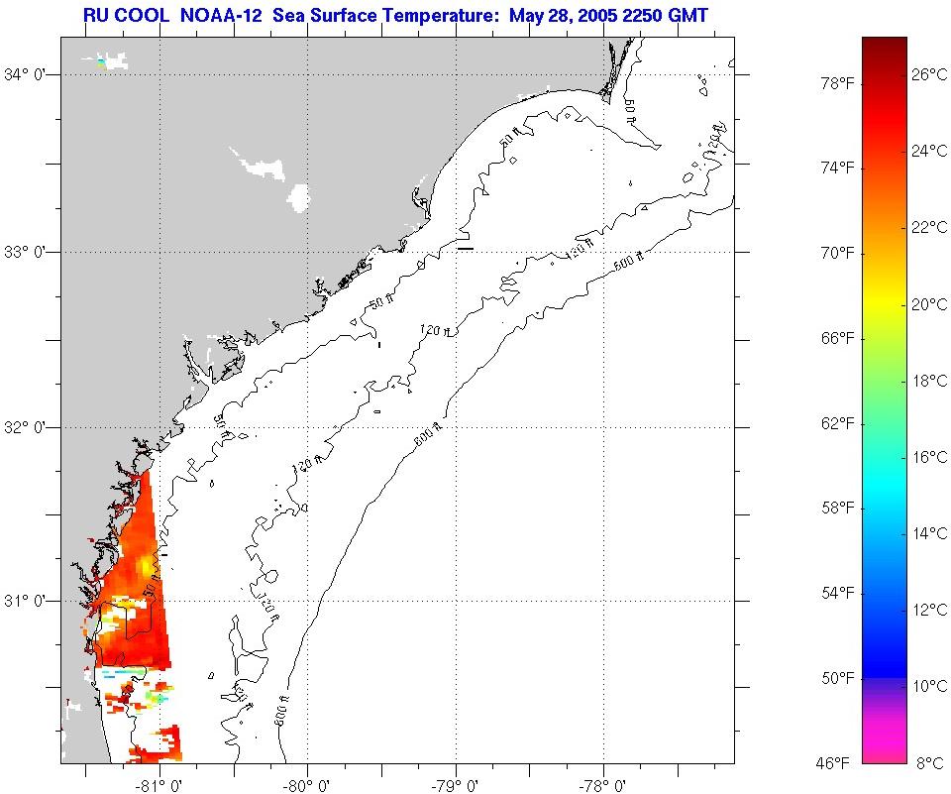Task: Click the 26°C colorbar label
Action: [928, 74]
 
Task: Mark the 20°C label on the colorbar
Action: [928, 304]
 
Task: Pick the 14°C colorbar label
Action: [928, 533]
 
